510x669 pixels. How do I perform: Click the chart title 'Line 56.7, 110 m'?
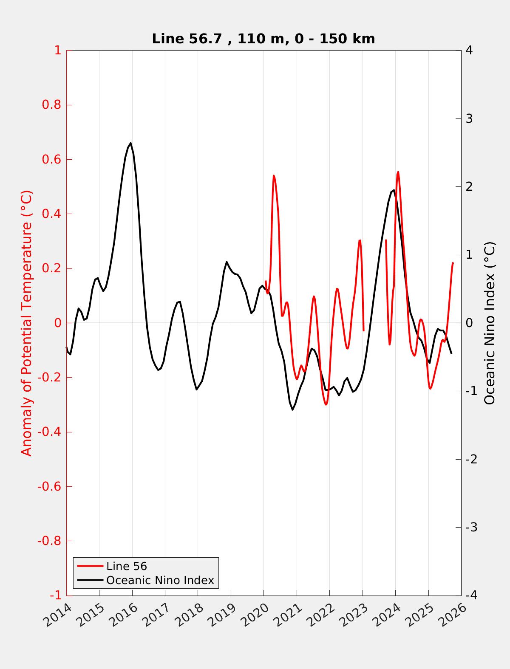coord(263,39)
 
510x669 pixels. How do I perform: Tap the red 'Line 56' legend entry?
coord(126,566)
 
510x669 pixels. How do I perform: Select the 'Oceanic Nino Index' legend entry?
coord(160,580)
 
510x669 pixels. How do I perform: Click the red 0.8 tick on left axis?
coord(51,105)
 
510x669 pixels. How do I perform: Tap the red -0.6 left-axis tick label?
coord(49,486)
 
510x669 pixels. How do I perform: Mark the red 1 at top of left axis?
coord(57,51)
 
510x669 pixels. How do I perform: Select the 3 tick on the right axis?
coord(469,119)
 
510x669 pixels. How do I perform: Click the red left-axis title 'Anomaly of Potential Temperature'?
coord(26,323)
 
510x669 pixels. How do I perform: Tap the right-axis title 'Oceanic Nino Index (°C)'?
coord(490,323)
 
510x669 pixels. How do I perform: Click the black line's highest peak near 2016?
coord(130,143)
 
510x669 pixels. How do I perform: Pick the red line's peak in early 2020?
coord(274,175)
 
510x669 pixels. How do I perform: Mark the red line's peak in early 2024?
coord(398,172)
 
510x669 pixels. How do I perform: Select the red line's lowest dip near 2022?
coord(326,404)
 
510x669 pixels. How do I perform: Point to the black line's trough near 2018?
coord(196,390)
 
